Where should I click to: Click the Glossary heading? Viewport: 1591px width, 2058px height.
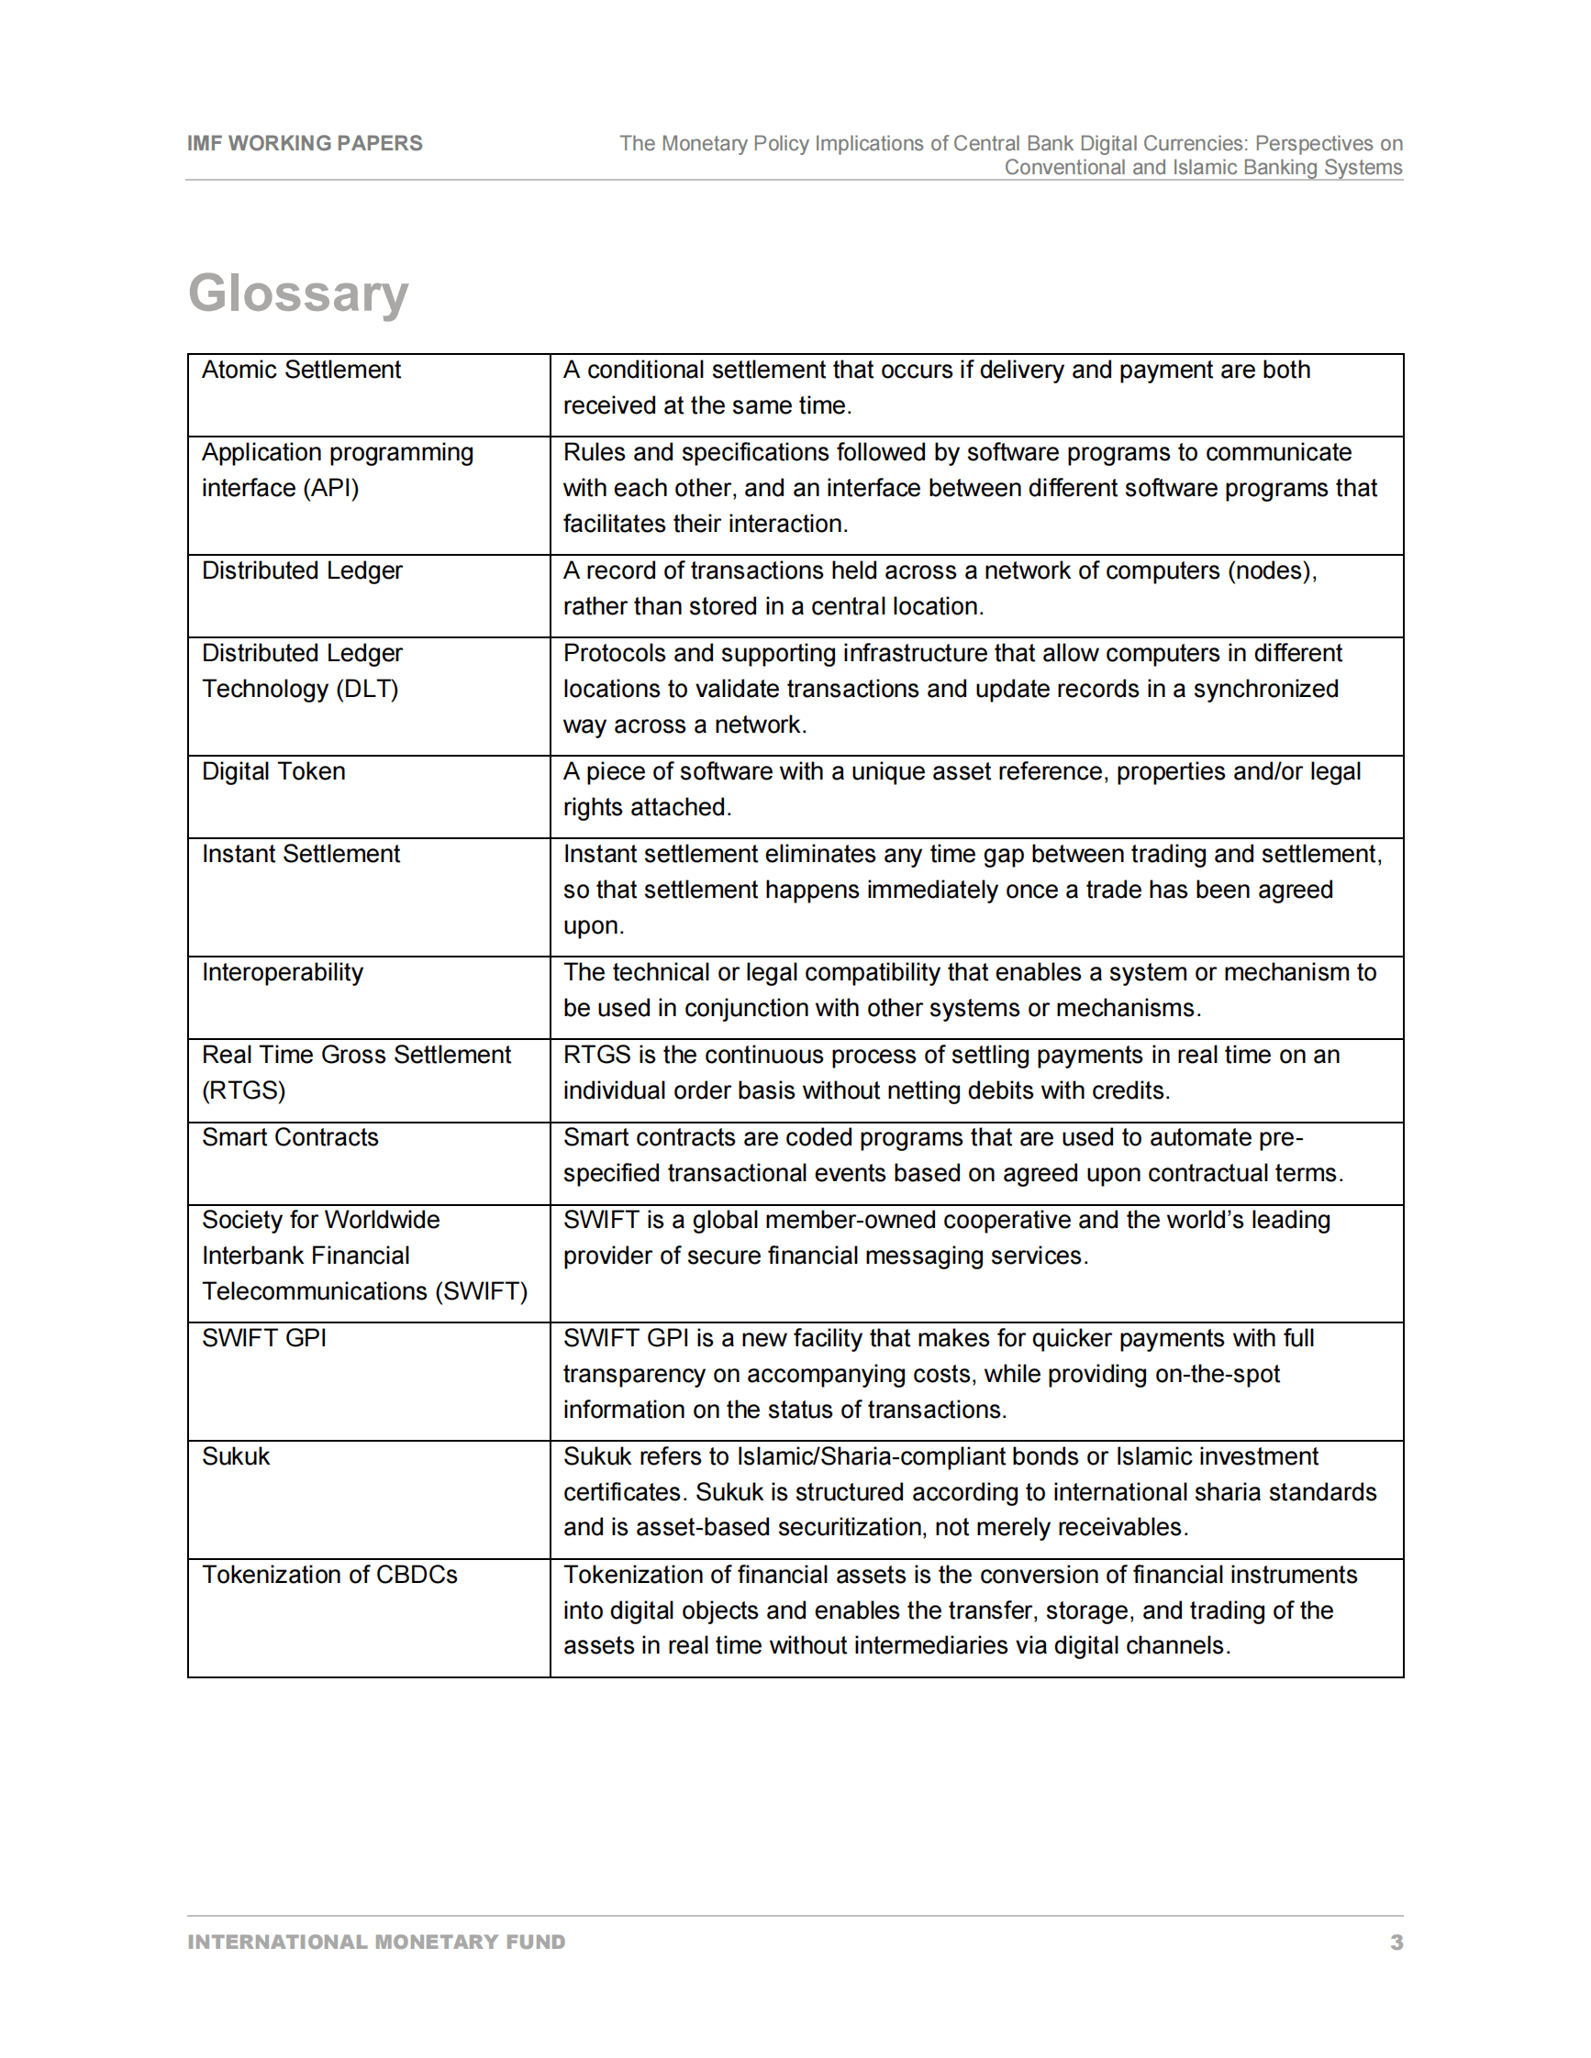[x=298, y=293]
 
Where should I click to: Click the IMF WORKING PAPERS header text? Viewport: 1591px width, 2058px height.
[x=305, y=143]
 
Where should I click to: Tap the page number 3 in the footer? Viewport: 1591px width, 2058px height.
[x=1396, y=1942]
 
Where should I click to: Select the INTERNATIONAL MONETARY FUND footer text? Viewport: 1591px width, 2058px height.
[x=376, y=1942]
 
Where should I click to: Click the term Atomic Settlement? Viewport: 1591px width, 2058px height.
[x=301, y=371]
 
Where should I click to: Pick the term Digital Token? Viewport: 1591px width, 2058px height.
[x=273, y=772]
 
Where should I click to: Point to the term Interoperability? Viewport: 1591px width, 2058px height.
[x=282, y=972]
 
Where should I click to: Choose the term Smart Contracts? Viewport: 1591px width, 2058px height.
[x=289, y=1137]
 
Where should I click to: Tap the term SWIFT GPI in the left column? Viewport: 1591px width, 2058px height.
[x=264, y=1338]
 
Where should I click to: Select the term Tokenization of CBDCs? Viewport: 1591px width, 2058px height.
[x=329, y=1575]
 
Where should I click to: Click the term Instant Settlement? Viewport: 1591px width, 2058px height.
[x=301, y=854]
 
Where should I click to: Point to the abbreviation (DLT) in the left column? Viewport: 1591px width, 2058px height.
[x=368, y=689]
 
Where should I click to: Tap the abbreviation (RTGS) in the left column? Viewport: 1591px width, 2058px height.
[x=243, y=1090]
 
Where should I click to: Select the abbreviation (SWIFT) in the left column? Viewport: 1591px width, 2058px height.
[x=481, y=1291]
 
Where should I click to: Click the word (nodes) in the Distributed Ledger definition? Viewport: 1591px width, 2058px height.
[x=1272, y=571]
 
